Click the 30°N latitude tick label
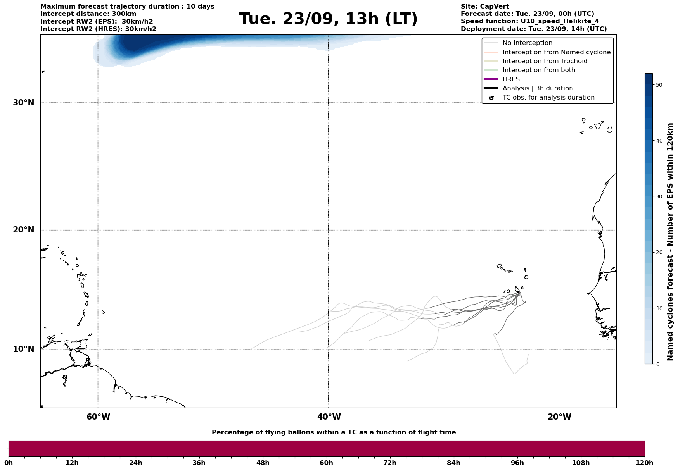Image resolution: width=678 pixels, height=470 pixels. (24, 103)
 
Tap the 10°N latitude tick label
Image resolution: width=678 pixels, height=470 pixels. (24, 349)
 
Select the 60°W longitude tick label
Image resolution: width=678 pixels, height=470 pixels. (98, 417)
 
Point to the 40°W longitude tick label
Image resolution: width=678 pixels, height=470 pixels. (329, 417)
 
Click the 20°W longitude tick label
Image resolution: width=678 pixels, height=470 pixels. (559, 417)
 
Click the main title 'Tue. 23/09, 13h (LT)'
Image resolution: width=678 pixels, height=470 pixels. (328, 19)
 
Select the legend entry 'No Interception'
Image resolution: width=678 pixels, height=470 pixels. (527, 43)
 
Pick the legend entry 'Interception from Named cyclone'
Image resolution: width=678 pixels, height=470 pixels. (556, 52)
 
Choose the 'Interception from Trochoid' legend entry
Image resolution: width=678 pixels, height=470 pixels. (545, 61)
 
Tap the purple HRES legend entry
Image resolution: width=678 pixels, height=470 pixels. (511, 79)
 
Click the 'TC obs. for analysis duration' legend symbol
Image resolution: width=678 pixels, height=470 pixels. (491, 98)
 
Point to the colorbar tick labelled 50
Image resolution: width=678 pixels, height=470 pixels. (659, 85)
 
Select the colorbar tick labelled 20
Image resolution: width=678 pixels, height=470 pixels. (659, 253)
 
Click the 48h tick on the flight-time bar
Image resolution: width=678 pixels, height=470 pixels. (263, 463)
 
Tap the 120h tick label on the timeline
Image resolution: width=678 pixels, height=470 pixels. (645, 463)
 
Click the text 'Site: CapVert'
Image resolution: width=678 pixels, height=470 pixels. (485, 7)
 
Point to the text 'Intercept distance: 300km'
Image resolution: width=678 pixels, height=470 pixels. (88, 14)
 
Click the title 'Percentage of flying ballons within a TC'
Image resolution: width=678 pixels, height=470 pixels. (334, 432)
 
